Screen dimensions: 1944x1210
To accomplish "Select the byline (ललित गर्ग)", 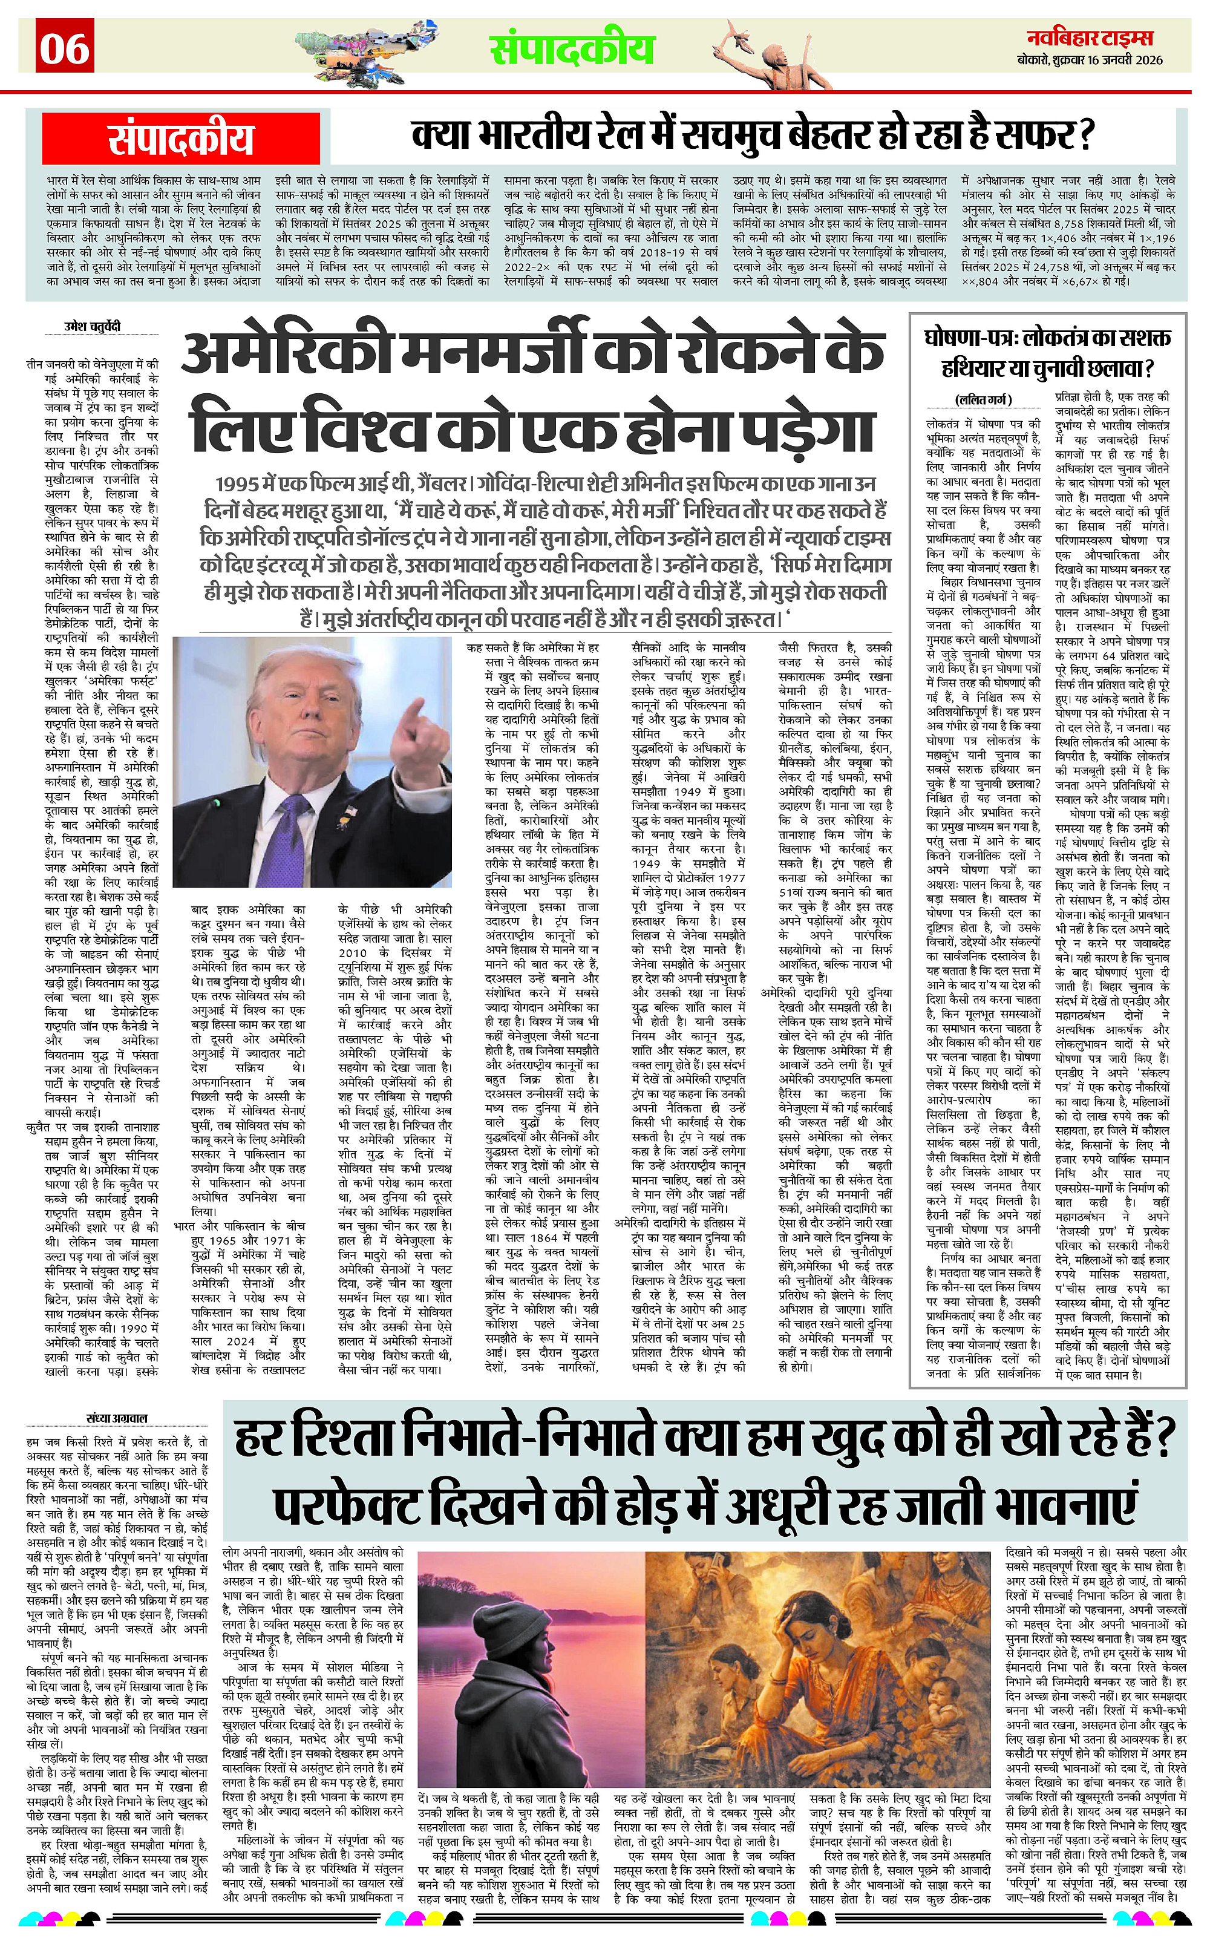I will [984, 399].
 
